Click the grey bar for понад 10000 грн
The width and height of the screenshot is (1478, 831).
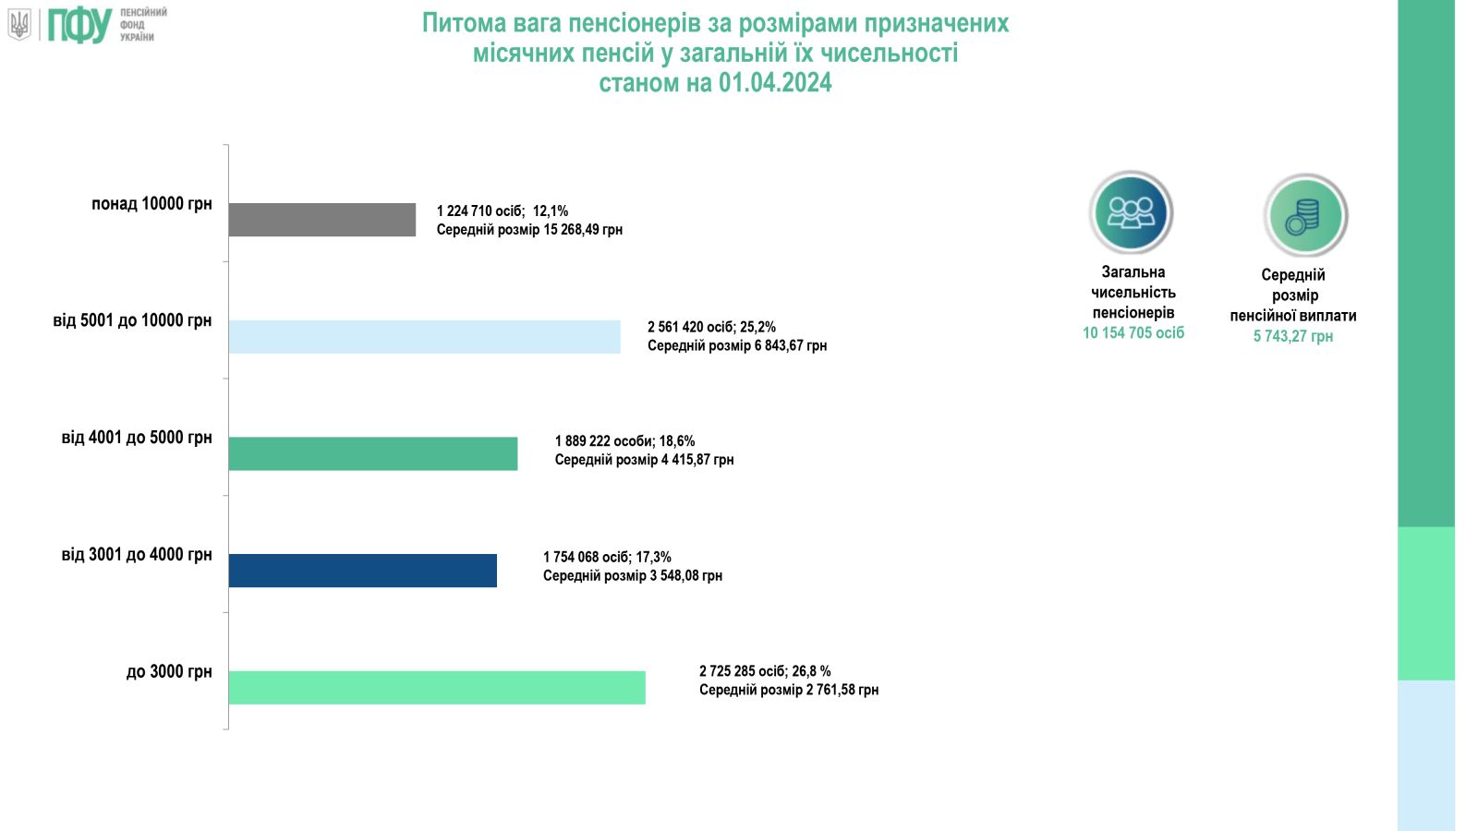[x=322, y=220]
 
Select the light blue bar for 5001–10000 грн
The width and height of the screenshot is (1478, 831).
[x=425, y=337]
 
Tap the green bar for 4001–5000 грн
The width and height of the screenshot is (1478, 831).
[x=373, y=453]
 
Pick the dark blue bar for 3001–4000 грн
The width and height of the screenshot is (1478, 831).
[x=363, y=571]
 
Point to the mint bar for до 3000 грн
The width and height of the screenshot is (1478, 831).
[x=437, y=688]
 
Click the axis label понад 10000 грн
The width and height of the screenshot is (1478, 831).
[x=151, y=204]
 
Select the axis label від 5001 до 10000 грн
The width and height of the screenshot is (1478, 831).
[x=132, y=320]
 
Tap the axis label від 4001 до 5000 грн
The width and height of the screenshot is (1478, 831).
[x=137, y=438]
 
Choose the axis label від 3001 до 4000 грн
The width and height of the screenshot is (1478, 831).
[x=137, y=555]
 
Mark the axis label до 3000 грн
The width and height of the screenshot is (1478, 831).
[x=169, y=671]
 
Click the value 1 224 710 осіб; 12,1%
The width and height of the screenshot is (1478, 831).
[x=503, y=211]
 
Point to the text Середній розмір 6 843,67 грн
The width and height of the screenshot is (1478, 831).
[x=737, y=345]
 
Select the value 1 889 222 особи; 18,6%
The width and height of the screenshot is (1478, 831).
[x=624, y=441]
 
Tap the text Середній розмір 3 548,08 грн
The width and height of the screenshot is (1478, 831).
[x=633, y=575]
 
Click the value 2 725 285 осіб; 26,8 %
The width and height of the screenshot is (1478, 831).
[x=765, y=671]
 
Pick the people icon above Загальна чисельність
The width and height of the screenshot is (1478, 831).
[x=1131, y=212]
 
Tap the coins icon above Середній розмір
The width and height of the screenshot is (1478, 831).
[x=1305, y=215]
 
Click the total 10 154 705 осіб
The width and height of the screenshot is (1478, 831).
[x=1133, y=333]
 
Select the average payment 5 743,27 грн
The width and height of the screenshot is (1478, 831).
[x=1292, y=336]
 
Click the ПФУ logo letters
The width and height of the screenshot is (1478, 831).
[x=79, y=25]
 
